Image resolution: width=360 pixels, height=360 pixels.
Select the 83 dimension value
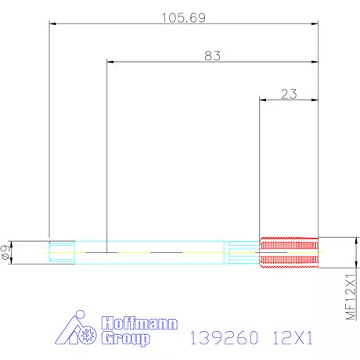click(211, 55)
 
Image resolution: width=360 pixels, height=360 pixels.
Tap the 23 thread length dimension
click(288, 94)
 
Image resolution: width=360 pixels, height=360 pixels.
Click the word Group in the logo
click(125, 338)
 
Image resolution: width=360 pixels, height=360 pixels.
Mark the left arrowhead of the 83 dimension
click(110, 61)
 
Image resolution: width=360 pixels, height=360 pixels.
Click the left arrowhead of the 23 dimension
click(262, 99)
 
